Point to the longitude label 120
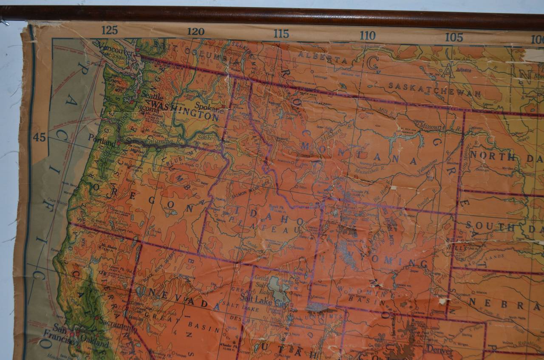[195, 31]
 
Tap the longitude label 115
[281, 34]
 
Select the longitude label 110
[368, 35]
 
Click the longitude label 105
[454, 37]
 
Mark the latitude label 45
[39, 137]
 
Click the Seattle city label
[153, 96]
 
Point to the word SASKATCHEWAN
[435, 90]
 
